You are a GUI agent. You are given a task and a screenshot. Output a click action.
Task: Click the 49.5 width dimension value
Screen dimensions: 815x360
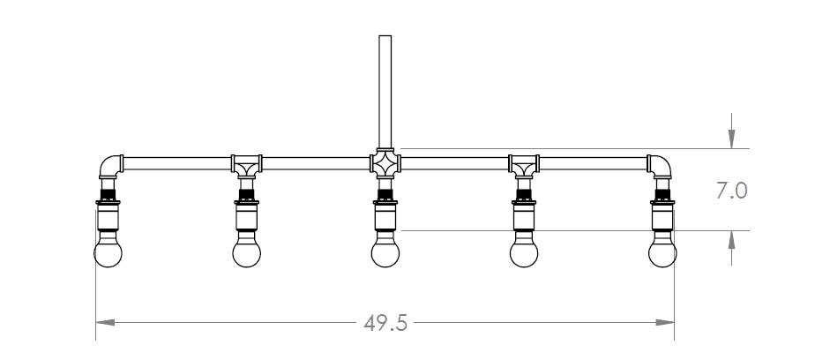(x=385, y=324)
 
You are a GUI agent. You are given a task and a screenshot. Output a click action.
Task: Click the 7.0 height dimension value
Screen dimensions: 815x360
(x=732, y=191)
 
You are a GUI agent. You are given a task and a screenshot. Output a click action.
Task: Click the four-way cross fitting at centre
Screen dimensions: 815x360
(x=385, y=163)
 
